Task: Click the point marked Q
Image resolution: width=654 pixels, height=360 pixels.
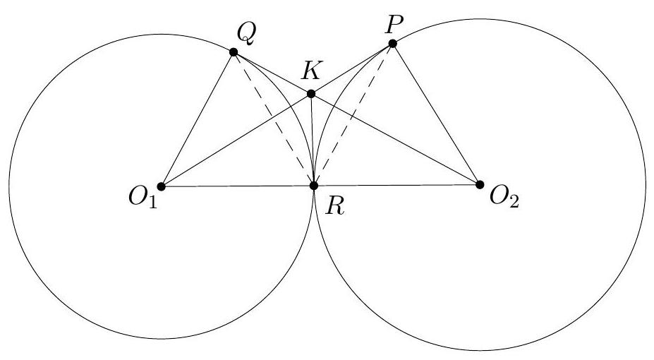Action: click(234, 52)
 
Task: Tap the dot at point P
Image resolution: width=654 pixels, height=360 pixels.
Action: click(392, 44)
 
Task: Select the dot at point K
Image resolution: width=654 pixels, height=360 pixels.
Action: click(311, 93)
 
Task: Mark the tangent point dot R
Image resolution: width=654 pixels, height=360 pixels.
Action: click(314, 186)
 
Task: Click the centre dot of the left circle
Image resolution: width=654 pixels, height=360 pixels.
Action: click(161, 186)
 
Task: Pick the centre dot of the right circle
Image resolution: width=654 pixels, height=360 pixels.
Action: click(480, 185)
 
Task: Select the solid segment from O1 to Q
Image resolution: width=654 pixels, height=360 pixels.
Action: click(197, 119)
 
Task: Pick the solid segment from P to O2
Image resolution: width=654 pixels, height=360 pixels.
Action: click(436, 114)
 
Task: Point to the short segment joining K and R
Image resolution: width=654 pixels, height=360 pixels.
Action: click(313, 140)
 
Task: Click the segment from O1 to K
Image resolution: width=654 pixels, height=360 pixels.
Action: click(236, 140)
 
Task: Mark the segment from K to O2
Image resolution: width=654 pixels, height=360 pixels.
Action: click(395, 139)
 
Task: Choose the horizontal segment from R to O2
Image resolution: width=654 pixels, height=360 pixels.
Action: click(397, 186)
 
